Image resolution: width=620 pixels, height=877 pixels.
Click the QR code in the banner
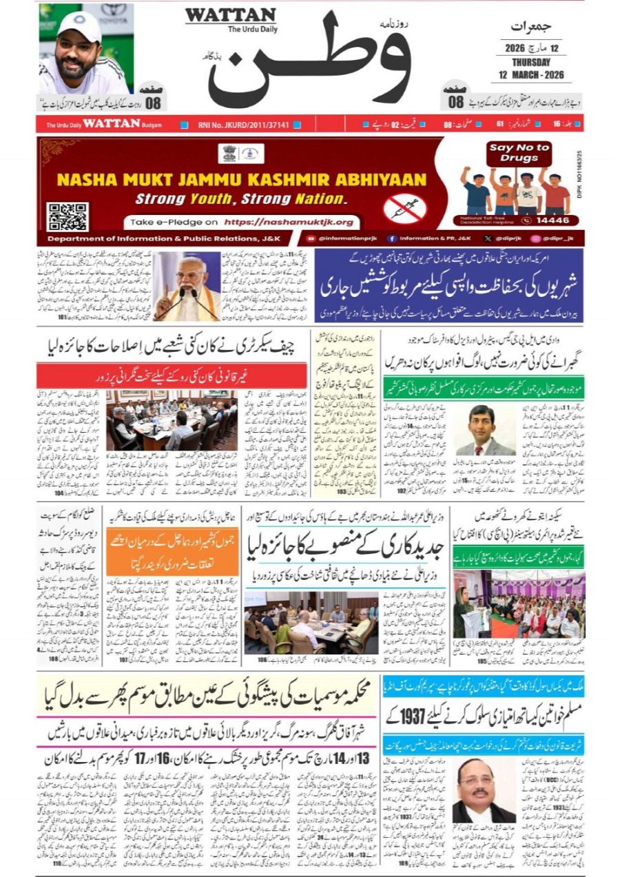(x=67, y=216)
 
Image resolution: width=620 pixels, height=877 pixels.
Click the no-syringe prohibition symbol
(x=405, y=207)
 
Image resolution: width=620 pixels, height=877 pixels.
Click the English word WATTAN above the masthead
(x=230, y=15)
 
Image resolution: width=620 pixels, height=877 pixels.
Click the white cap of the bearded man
(x=79, y=26)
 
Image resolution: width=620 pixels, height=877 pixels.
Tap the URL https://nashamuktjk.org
(x=293, y=222)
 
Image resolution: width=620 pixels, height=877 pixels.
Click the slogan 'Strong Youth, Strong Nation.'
(x=240, y=200)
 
